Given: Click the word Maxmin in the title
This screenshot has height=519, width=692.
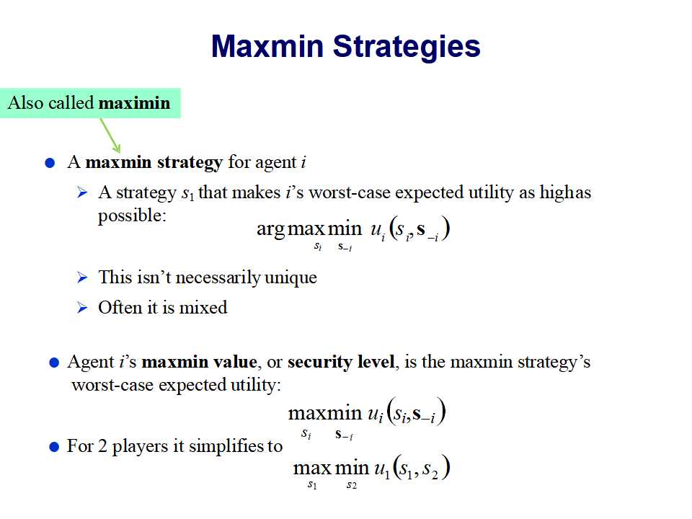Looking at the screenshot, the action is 267,46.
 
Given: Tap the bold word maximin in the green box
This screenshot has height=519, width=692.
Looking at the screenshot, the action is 134,103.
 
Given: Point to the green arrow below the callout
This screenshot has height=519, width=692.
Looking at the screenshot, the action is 110,135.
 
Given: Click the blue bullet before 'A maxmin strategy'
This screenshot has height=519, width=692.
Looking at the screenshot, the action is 50,164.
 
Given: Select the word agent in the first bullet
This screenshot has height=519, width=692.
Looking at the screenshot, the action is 276,163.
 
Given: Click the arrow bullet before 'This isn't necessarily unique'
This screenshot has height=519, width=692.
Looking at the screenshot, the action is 82,277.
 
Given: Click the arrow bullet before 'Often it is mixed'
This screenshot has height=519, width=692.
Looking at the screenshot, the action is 82,307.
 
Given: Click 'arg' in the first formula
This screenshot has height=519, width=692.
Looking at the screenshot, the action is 271,229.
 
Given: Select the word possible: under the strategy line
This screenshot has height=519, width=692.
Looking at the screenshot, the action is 132,216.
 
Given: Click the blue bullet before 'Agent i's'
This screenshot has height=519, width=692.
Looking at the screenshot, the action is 54,363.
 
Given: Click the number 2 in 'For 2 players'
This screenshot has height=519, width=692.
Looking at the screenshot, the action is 102,446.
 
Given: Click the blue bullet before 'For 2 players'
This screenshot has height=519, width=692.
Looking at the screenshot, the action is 54,447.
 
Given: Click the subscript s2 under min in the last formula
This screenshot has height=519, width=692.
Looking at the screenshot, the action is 352,485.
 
